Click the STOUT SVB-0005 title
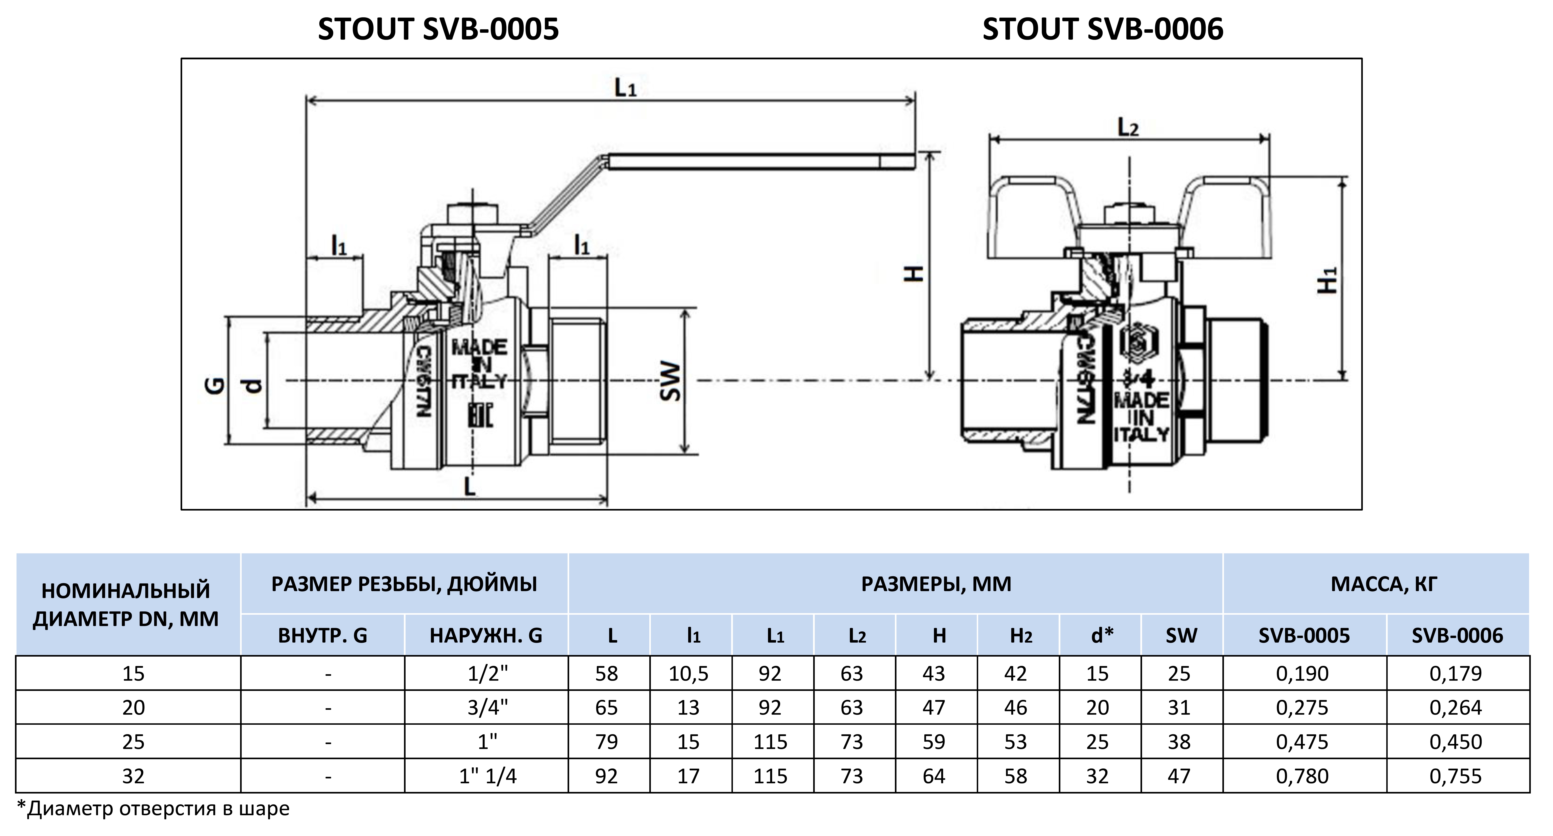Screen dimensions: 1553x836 pyautogui.click(x=438, y=29)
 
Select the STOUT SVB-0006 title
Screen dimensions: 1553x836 pyautogui.click(x=1103, y=29)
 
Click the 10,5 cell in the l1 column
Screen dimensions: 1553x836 pyautogui.click(x=688, y=673)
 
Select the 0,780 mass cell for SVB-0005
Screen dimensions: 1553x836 pyautogui.click(x=1302, y=776)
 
